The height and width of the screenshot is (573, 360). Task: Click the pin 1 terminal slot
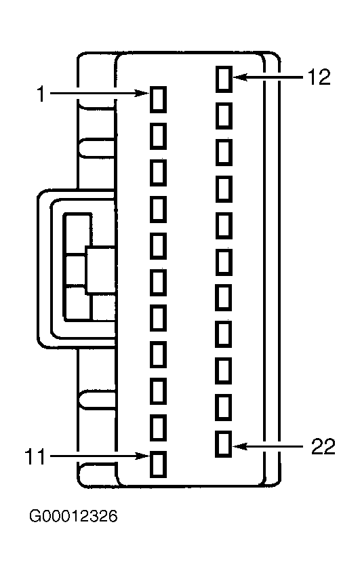[x=158, y=100]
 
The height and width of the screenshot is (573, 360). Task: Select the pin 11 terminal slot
[x=158, y=464]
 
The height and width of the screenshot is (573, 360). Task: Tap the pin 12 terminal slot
[x=224, y=79]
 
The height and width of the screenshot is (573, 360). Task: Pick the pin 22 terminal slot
[x=224, y=444]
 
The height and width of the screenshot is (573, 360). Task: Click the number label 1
[x=41, y=94]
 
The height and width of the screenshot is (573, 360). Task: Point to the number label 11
[x=35, y=457]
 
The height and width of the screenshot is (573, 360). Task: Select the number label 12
[x=319, y=77]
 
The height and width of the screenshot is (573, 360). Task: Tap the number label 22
[x=323, y=447]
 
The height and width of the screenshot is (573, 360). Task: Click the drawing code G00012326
[x=73, y=516]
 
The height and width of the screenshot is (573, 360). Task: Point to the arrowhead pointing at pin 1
[x=143, y=94]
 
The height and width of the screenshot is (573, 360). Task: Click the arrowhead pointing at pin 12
[x=240, y=77]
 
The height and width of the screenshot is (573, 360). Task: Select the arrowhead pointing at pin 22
[x=240, y=446]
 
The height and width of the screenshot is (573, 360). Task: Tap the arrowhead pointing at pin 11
[x=143, y=456]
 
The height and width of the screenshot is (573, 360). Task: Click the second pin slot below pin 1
[x=158, y=172]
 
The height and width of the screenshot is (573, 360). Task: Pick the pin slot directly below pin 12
[x=224, y=115]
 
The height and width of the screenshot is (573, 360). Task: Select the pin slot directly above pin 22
[x=224, y=408]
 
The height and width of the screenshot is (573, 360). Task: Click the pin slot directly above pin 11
[x=158, y=428]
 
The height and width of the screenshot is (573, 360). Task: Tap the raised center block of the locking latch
[x=100, y=270]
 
